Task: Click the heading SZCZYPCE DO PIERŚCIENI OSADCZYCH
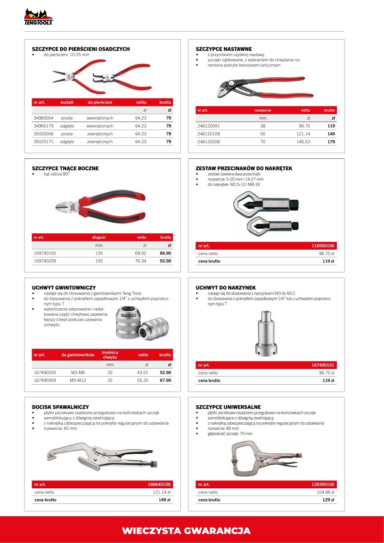click(81, 49)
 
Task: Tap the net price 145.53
click(303, 141)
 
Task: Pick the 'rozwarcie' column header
click(262, 110)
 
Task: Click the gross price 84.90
click(165, 253)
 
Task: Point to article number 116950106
click(323, 246)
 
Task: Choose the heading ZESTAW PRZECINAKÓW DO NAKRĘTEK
click(244, 168)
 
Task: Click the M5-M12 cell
click(78, 380)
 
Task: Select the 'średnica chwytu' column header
click(110, 355)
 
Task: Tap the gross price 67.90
click(165, 380)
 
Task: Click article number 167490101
click(323, 365)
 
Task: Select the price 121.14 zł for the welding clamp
click(162, 492)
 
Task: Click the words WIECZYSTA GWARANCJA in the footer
click(186, 531)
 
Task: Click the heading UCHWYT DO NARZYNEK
click(226, 288)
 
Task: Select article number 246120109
click(208, 134)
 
